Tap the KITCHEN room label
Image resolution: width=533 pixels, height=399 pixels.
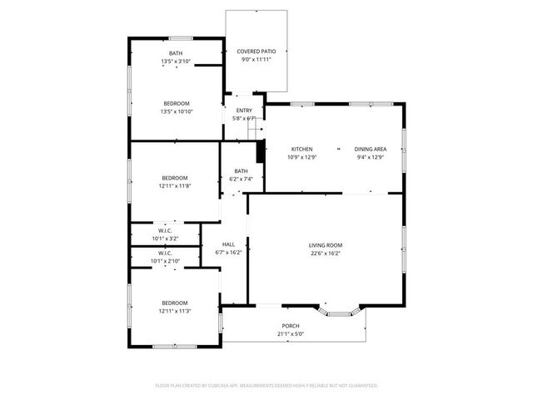[x=301, y=149]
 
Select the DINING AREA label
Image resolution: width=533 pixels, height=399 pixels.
[x=371, y=149]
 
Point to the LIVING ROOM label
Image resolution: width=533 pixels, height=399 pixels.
[x=326, y=245]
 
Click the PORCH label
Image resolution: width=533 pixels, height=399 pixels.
[x=291, y=326]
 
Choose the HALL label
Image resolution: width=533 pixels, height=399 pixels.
[x=227, y=244]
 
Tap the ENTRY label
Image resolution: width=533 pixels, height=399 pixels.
[x=244, y=111]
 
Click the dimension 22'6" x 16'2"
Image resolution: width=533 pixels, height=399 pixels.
[x=326, y=253]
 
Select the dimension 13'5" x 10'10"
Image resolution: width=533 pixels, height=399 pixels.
[x=176, y=111]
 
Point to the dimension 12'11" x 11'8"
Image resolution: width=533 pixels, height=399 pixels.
[x=175, y=185]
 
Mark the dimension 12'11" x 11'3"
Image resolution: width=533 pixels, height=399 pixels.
[x=175, y=311]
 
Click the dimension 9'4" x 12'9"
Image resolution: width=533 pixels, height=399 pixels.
[x=371, y=156]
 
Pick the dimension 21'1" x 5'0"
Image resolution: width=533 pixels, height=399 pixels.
[x=291, y=333]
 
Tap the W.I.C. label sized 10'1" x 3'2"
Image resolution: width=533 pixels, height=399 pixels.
[x=165, y=231]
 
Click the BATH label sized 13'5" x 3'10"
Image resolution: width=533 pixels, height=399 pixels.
[x=176, y=54]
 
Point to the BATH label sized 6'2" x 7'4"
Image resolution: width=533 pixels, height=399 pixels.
[x=241, y=171]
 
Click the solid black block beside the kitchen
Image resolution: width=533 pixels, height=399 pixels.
[x=260, y=152]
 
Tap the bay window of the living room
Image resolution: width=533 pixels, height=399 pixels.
[x=342, y=313]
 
